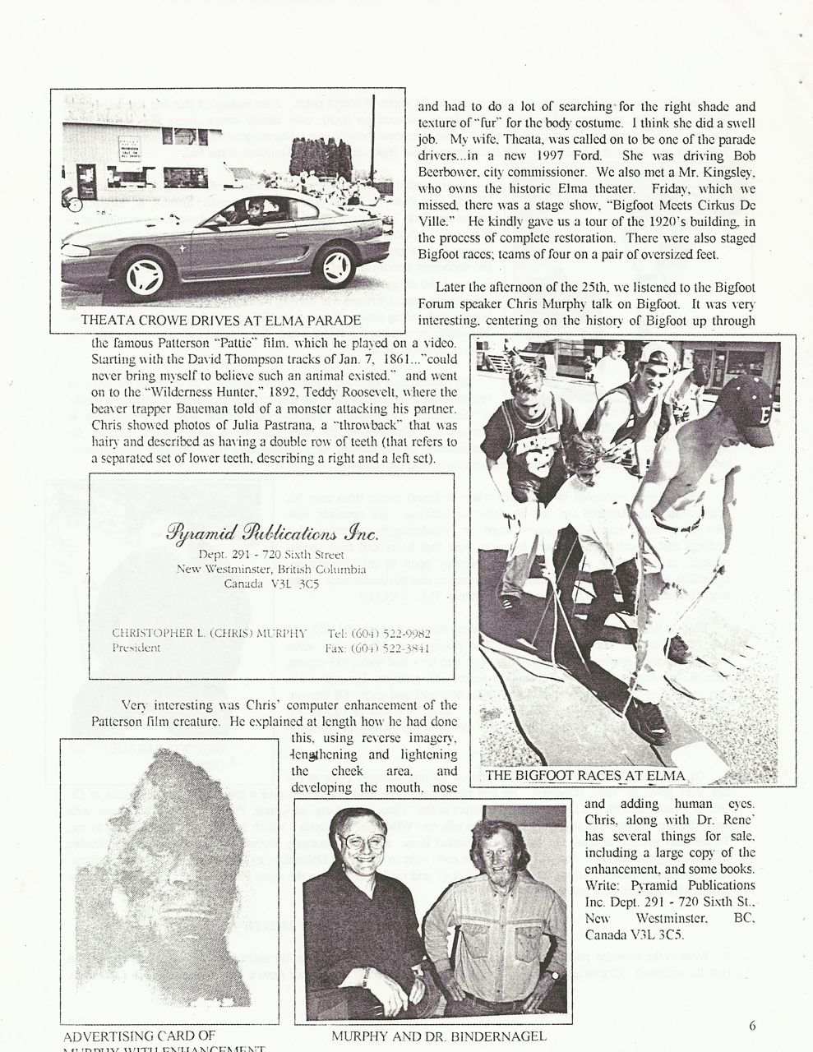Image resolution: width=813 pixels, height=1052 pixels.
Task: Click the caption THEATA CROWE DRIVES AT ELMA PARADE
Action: coord(232,319)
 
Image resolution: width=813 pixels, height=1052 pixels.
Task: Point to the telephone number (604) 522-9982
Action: coord(390,633)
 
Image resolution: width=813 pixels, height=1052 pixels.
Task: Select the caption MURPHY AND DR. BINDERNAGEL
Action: coord(439,1036)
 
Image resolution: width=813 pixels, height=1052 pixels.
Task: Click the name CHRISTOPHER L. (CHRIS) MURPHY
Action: coord(209,633)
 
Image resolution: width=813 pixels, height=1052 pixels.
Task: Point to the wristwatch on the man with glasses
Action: coord(364,975)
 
